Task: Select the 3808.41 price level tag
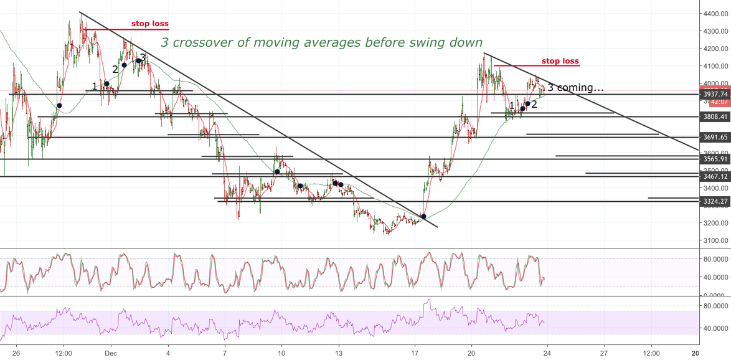(x=714, y=116)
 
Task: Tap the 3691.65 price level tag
(x=714, y=137)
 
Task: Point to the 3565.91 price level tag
(x=714, y=159)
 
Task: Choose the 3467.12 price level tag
(x=714, y=177)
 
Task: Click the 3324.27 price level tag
(x=714, y=201)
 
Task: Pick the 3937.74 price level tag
(x=714, y=94)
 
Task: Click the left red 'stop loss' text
(x=149, y=24)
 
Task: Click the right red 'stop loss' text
(x=560, y=61)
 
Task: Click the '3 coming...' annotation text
(x=575, y=88)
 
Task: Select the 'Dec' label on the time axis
(x=110, y=352)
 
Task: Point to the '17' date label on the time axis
(x=415, y=352)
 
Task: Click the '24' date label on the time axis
(x=547, y=352)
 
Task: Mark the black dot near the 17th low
(x=424, y=217)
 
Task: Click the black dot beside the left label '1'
(x=106, y=83)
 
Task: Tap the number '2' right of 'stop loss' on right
(x=534, y=104)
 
